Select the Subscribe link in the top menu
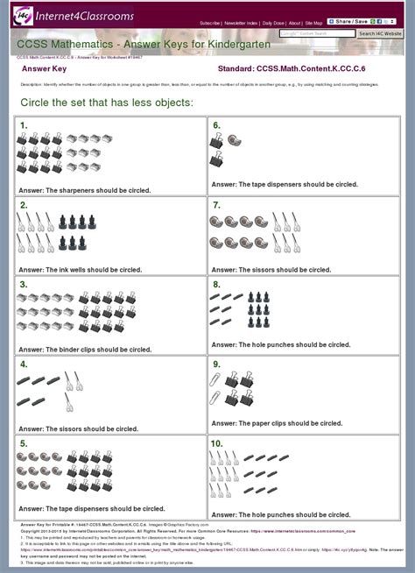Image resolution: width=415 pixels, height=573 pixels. (209, 23)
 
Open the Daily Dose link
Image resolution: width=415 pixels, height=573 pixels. (273, 23)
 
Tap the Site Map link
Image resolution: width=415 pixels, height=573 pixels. (314, 23)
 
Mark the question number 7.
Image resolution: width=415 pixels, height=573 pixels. (216, 205)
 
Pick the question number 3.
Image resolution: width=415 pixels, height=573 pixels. (24, 285)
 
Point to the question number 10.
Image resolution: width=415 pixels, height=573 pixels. (218, 443)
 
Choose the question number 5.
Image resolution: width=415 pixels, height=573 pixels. (24, 444)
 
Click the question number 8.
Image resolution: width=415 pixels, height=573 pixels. (216, 285)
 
